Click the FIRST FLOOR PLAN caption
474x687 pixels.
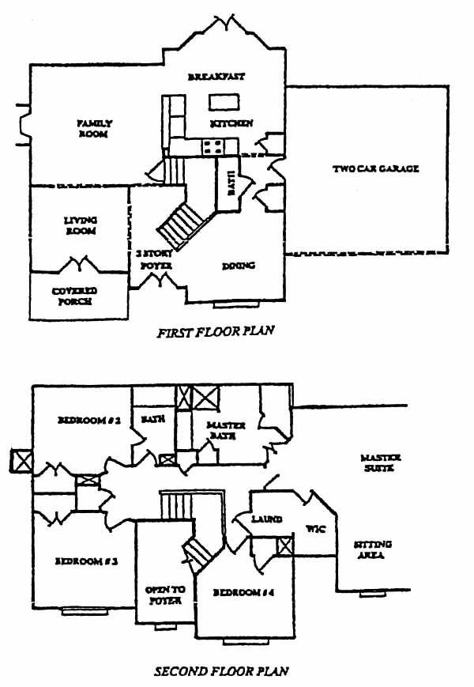pos(215,332)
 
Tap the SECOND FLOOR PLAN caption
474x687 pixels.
pos(220,672)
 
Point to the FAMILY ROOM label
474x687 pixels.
pos(93,129)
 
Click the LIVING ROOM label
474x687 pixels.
pos(80,226)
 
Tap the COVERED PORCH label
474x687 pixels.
pos(74,296)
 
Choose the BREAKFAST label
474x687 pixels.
pos(216,77)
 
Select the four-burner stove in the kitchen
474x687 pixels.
pos(213,145)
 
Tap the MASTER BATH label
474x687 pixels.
pos(226,430)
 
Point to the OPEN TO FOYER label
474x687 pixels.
pos(164,595)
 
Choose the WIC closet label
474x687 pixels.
pos(315,529)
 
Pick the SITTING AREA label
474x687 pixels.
pos(372,550)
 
